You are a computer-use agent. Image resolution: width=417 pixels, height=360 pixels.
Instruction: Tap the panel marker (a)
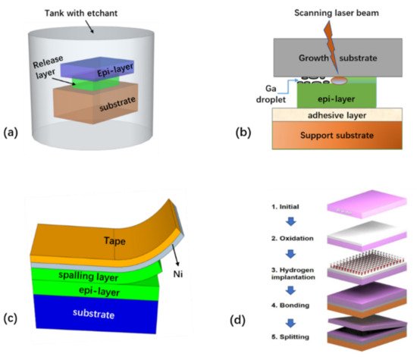pyautogui.click(x=12, y=133)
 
